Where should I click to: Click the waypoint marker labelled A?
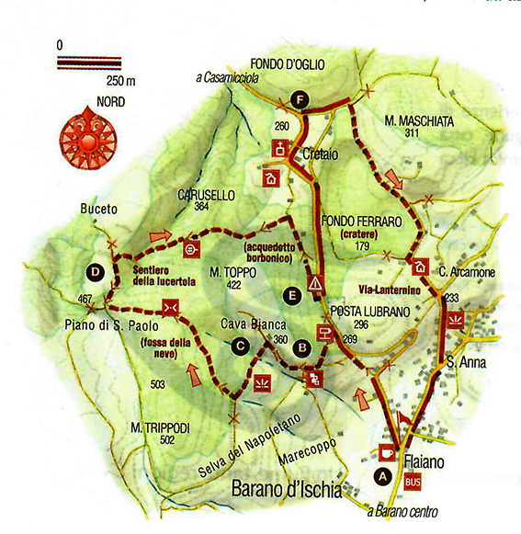[x=382, y=476]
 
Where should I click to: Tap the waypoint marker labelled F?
[x=298, y=99]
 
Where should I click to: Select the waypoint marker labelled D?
[x=96, y=271]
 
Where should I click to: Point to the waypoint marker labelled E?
[x=292, y=296]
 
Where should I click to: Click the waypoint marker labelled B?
[x=300, y=347]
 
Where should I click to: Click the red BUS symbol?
[x=413, y=479]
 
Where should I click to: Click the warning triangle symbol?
[x=316, y=282]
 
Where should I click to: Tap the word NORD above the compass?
[x=85, y=102]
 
